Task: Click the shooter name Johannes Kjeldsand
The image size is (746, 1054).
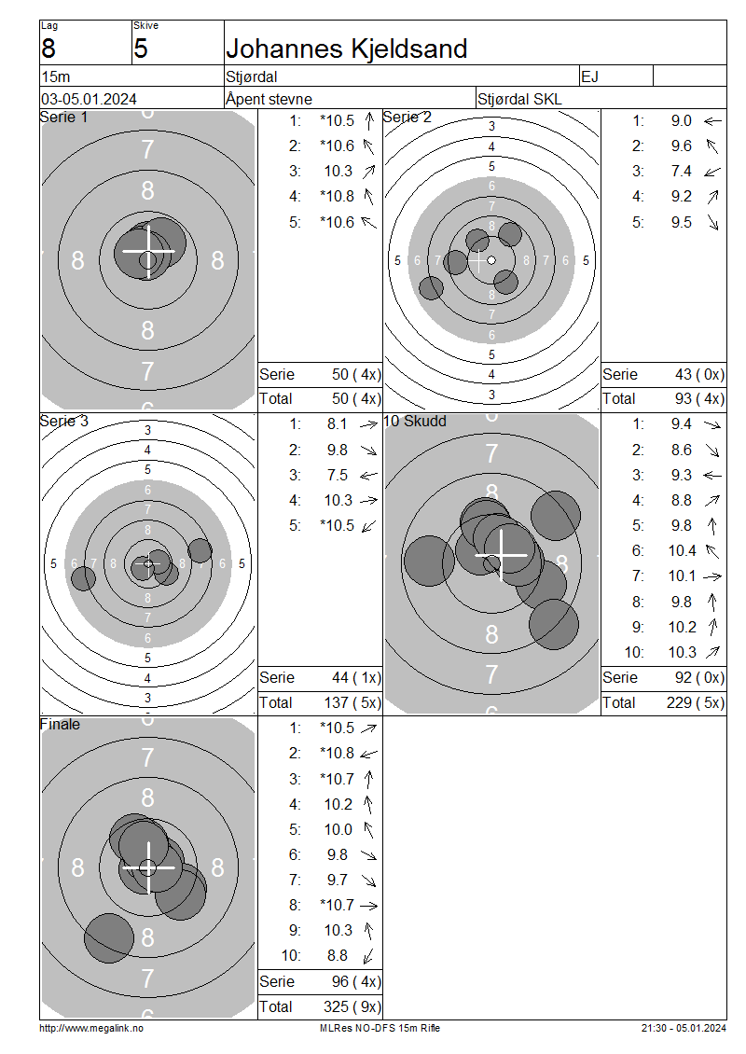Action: (346, 49)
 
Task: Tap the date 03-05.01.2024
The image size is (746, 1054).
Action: (89, 99)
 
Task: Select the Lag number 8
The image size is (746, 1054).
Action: (48, 49)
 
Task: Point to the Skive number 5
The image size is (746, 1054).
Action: (140, 49)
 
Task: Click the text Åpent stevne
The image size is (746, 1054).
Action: (269, 99)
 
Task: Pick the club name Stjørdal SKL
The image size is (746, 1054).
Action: (519, 100)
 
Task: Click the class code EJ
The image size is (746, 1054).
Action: (589, 76)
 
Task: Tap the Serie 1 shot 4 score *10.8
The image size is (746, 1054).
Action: (337, 196)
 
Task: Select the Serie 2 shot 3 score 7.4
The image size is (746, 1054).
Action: (681, 171)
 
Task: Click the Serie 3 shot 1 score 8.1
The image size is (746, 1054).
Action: (338, 424)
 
